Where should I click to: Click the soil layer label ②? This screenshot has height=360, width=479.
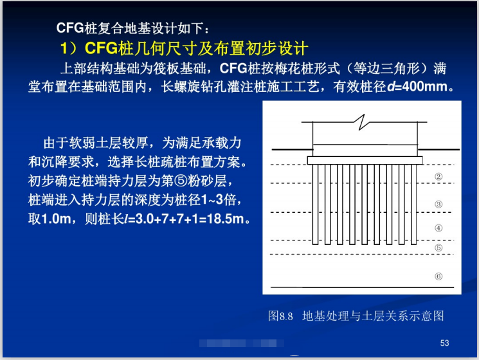coord(438,177)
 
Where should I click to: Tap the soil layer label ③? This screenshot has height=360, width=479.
coord(438,204)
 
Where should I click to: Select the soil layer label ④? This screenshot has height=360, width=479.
coord(438,228)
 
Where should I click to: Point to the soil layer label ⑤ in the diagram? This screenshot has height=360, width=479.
coord(438,248)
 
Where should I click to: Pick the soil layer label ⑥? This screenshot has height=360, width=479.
coord(438,276)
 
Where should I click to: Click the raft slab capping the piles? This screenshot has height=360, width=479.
coord(365,160)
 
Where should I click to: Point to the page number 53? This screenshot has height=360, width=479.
coord(444,342)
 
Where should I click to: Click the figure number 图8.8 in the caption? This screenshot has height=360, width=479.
coord(280,316)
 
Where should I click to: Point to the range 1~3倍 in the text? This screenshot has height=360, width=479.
coord(219,199)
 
